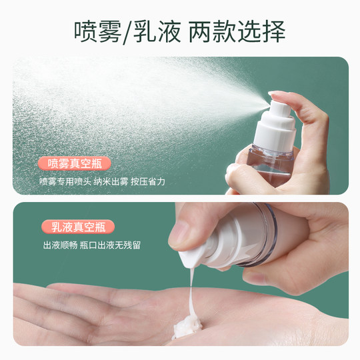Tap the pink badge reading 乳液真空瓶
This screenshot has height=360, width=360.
[78, 227]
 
